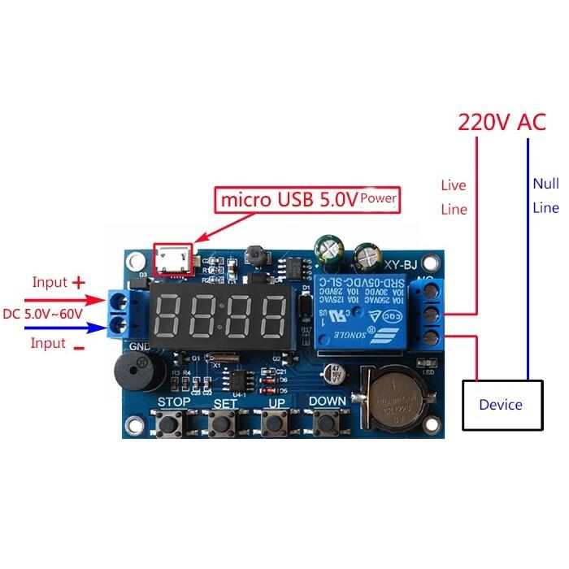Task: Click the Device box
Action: [x=500, y=404]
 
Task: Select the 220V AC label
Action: [x=502, y=122]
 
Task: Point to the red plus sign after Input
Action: [x=78, y=283]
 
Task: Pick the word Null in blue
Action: [x=545, y=184]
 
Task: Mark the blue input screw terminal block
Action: [x=123, y=311]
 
